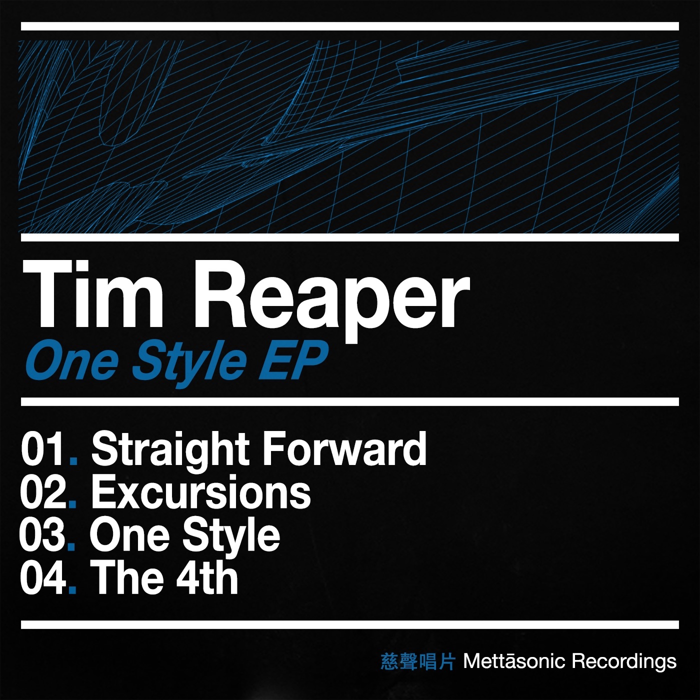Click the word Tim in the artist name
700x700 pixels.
click(x=93, y=296)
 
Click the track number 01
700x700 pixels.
click(x=42, y=449)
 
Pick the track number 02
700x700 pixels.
click(x=42, y=493)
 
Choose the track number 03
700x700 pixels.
click(x=42, y=535)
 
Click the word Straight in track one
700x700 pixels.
click(x=170, y=450)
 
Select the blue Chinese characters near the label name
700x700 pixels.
click(x=418, y=661)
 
